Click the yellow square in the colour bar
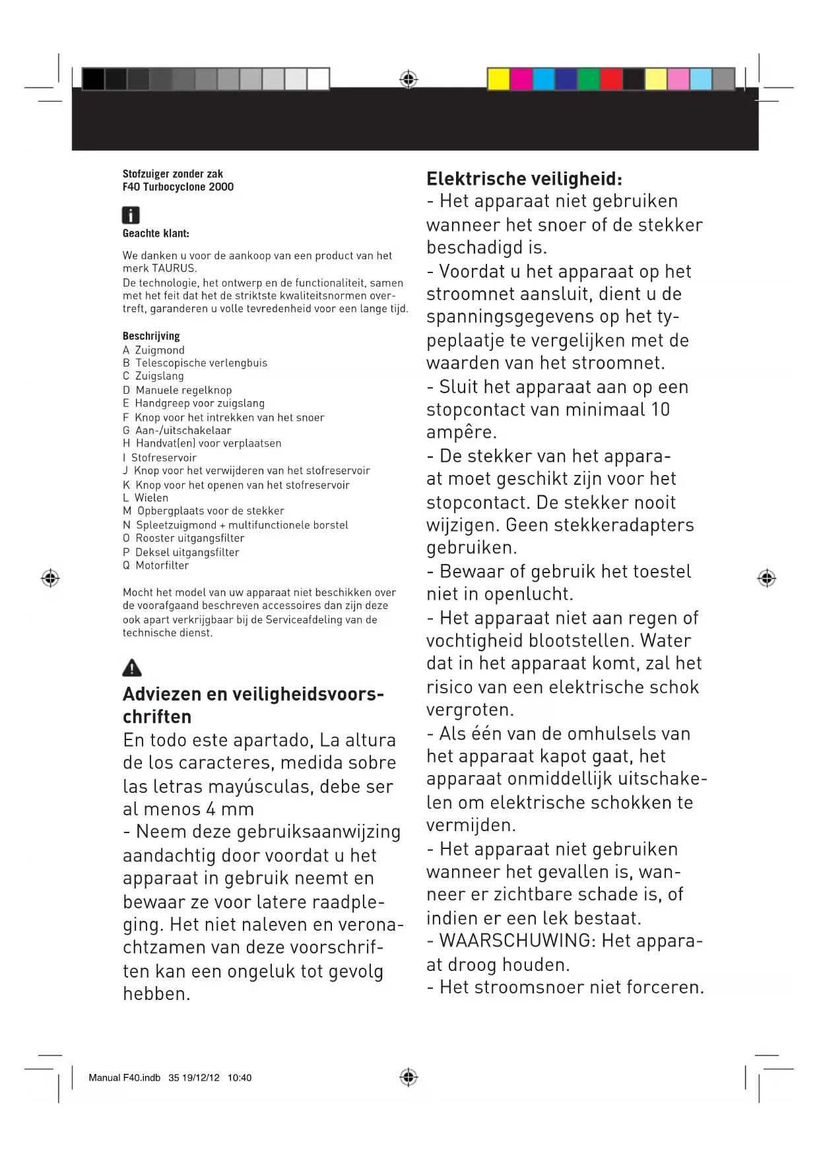pyautogui.click(x=498, y=79)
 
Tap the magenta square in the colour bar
pyautogui.click(x=521, y=79)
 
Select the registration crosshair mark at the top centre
pyautogui.click(x=409, y=80)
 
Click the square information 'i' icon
pyautogui.click(x=131, y=215)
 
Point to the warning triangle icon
pyautogui.click(x=132, y=668)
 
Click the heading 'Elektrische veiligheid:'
pyautogui.click(x=524, y=179)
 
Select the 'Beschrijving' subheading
pyautogui.click(x=151, y=336)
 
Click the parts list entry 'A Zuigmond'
pyautogui.click(x=154, y=350)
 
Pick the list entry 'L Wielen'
pyautogui.click(x=145, y=498)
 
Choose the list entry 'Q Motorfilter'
pyautogui.click(x=156, y=565)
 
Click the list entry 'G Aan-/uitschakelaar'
pyautogui.click(x=177, y=430)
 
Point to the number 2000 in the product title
pyautogui.click(x=221, y=187)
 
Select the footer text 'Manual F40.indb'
pyautogui.click(x=124, y=1078)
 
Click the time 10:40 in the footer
pyautogui.click(x=240, y=1078)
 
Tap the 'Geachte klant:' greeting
pyautogui.click(x=156, y=234)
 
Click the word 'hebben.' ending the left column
pyautogui.click(x=156, y=994)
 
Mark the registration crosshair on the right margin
pyautogui.click(x=766, y=578)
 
